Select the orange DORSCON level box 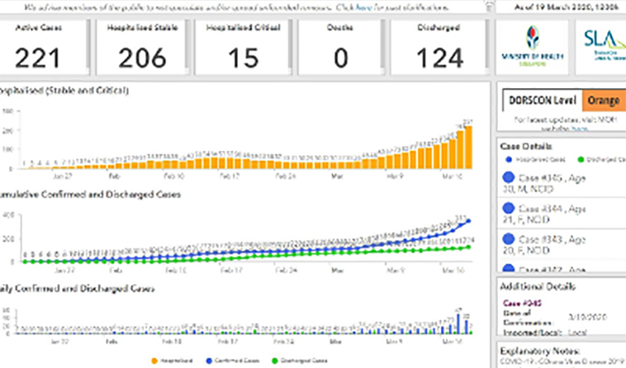click(603, 100)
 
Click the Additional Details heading click(539, 286)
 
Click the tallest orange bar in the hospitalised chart click(468, 148)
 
